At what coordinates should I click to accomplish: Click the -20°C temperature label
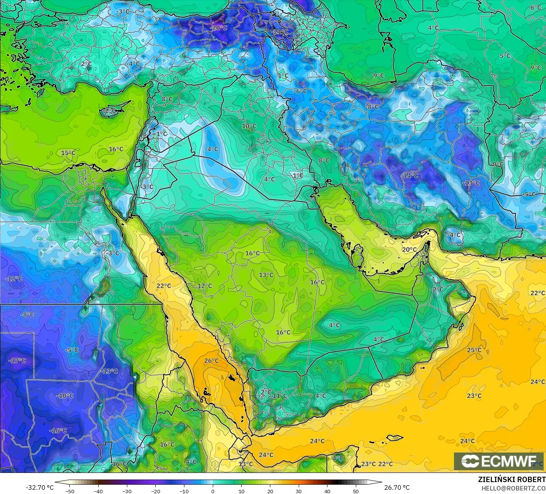click(x=218, y=28)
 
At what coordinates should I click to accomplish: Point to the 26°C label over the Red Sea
click(x=211, y=361)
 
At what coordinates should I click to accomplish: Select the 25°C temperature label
click(x=474, y=350)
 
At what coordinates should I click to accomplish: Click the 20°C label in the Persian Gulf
click(x=409, y=249)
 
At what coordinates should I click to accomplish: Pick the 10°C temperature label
click(x=249, y=126)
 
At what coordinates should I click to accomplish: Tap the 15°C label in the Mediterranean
click(x=68, y=153)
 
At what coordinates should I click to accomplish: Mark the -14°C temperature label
click(x=409, y=175)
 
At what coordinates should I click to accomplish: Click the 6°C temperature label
click(x=536, y=8)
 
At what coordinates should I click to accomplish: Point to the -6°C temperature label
click(x=300, y=91)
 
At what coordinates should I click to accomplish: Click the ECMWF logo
click(x=498, y=461)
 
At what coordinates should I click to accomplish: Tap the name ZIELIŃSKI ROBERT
click(x=511, y=479)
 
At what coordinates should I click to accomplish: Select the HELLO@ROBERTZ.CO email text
click(x=514, y=488)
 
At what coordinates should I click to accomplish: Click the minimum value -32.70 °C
click(x=39, y=487)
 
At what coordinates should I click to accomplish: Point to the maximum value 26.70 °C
click(x=397, y=487)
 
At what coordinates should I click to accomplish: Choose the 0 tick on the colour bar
click(x=213, y=491)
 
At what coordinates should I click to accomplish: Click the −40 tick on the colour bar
click(x=98, y=491)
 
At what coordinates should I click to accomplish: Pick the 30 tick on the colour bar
click(x=299, y=491)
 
